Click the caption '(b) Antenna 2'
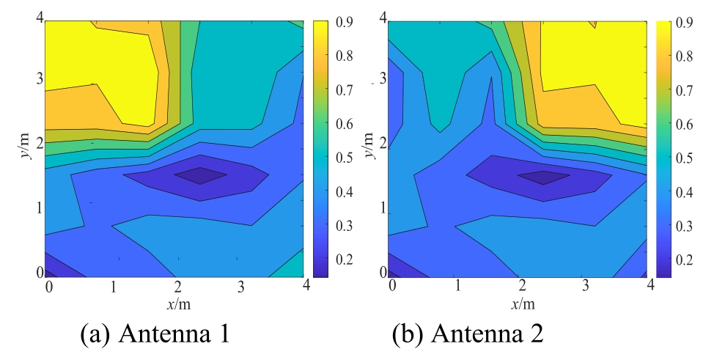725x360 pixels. click(467, 334)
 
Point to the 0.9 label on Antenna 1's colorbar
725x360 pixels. click(343, 23)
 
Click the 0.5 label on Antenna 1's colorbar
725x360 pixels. click(343, 158)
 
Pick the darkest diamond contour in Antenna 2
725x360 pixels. click(543, 177)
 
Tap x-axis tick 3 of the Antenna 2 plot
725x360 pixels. click(584, 284)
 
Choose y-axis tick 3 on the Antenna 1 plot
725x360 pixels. click(38, 79)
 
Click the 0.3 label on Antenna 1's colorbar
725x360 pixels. click(343, 226)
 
